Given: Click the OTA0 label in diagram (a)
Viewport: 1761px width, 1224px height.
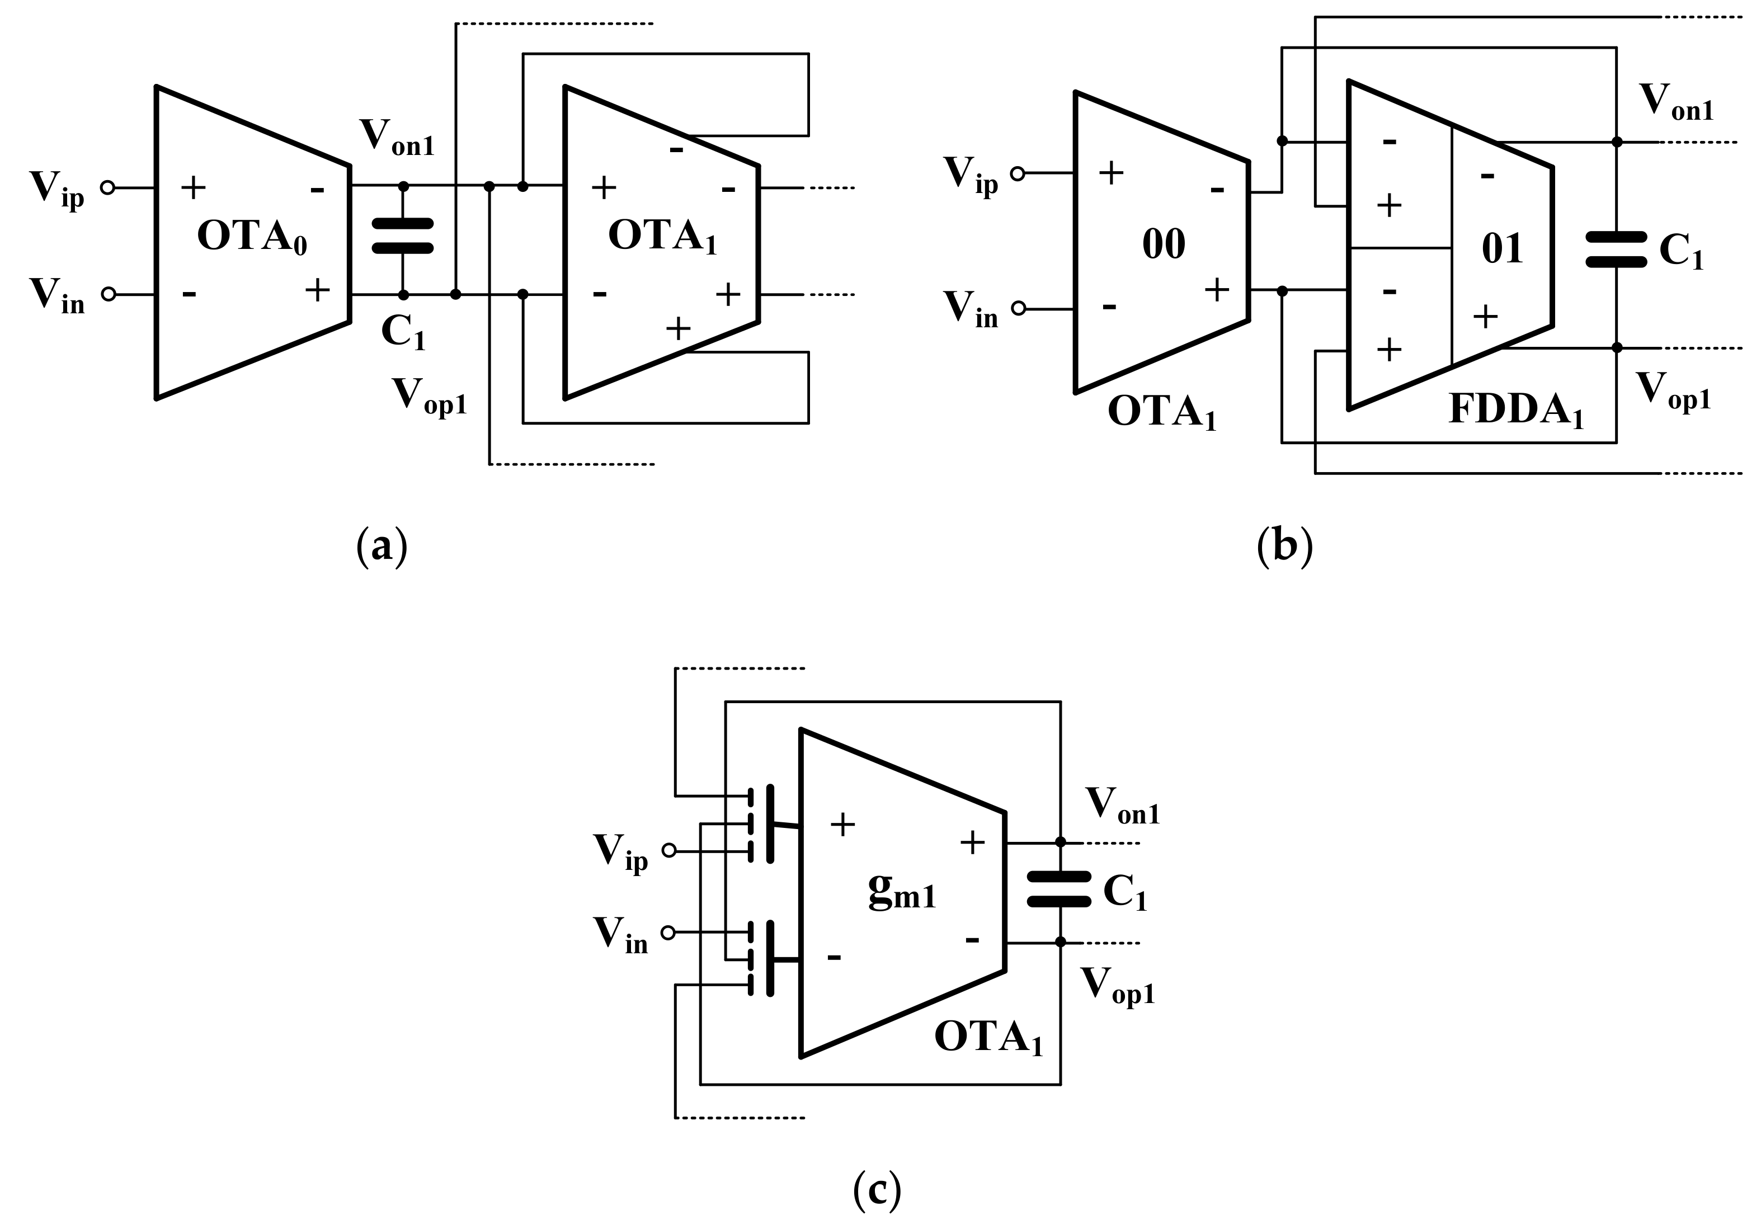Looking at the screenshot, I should click(252, 236).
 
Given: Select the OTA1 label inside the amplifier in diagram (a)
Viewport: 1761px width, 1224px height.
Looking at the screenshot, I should click(661, 236).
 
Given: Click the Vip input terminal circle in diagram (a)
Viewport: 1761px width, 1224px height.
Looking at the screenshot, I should click(108, 187).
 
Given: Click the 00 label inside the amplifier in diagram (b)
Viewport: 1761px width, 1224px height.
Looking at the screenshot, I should click(1164, 244).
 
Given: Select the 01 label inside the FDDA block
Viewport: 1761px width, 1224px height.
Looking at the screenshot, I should click(1502, 248).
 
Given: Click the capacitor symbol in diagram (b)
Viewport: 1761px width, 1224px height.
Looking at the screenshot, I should click(1616, 250).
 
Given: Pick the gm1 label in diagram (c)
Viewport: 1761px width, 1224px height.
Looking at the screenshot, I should click(902, 891).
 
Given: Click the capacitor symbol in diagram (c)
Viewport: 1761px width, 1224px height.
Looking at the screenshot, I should click(1058, 889).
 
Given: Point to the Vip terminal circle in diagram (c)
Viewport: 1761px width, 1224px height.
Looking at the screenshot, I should click(669, 850).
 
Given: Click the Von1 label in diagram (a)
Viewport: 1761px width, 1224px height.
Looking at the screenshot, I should click(397, 138).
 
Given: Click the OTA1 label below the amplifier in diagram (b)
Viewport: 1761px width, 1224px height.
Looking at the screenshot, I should click(1161, 414).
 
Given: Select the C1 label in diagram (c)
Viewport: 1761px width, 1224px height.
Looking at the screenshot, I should click(1124, 893).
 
